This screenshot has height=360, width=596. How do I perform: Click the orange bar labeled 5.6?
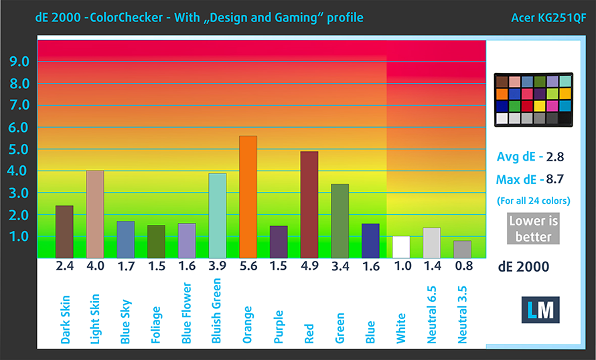coord(248,197)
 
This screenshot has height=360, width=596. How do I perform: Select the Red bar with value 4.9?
coord(309,205)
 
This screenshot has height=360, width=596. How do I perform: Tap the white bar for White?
coord(401,247)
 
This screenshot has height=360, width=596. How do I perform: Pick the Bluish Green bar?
coord(217,215)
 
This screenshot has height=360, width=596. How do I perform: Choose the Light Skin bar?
coord(95,214)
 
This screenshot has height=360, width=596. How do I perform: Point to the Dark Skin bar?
coord(64,232)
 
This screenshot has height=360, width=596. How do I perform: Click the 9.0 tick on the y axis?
coord(19,62)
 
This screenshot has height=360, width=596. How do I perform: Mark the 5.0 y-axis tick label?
coord(19,149)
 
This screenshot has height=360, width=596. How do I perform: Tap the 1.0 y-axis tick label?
coord(19,237)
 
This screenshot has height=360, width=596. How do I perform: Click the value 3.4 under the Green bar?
coord(340,266)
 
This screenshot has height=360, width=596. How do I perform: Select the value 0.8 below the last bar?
coord(462,266)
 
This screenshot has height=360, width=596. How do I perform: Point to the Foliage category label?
coord(156,325)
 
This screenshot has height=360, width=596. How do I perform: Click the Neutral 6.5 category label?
coord(432,314)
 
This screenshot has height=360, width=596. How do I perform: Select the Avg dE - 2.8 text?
coord(530,157)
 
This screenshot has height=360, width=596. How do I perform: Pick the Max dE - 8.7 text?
coord(530,179)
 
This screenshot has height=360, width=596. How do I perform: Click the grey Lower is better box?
coord(533,228)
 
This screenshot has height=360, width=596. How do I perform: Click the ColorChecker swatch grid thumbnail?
coord(533,100)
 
